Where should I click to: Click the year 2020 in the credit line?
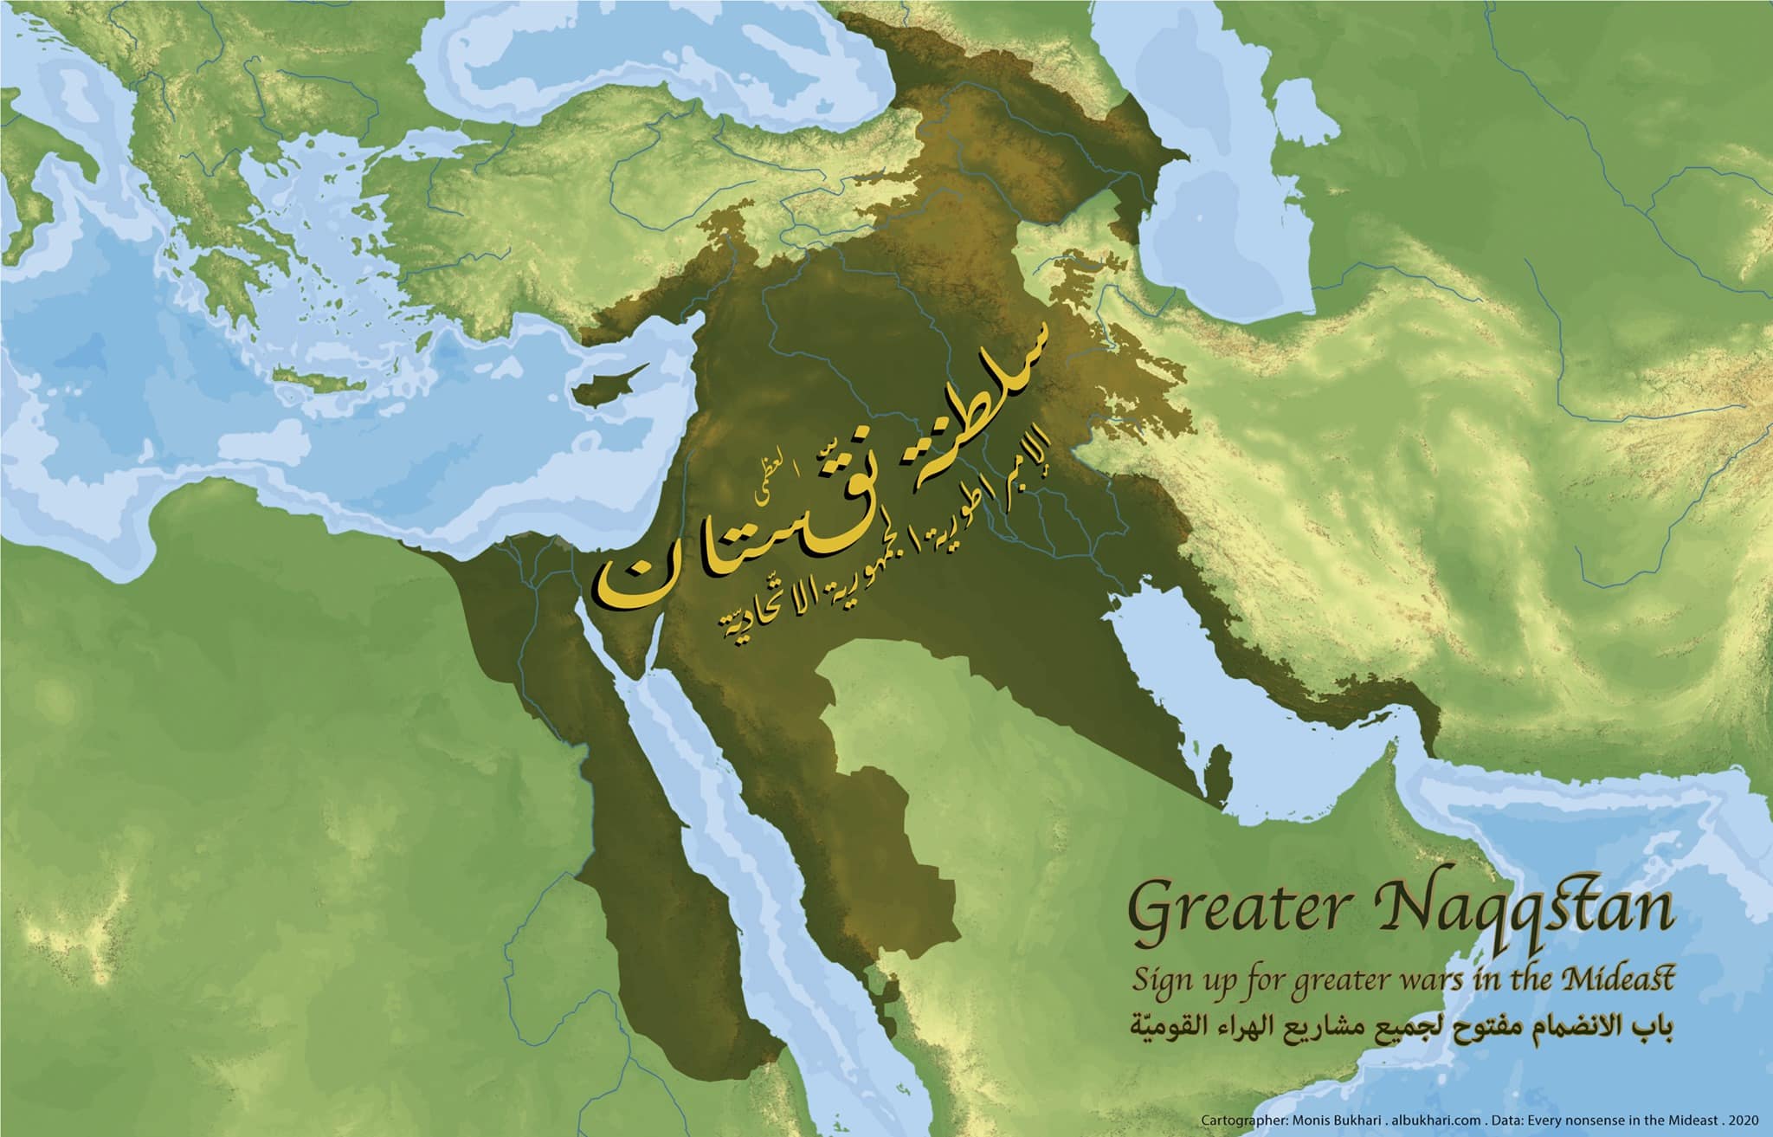pyautogui.click(x=1744, y=1122)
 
